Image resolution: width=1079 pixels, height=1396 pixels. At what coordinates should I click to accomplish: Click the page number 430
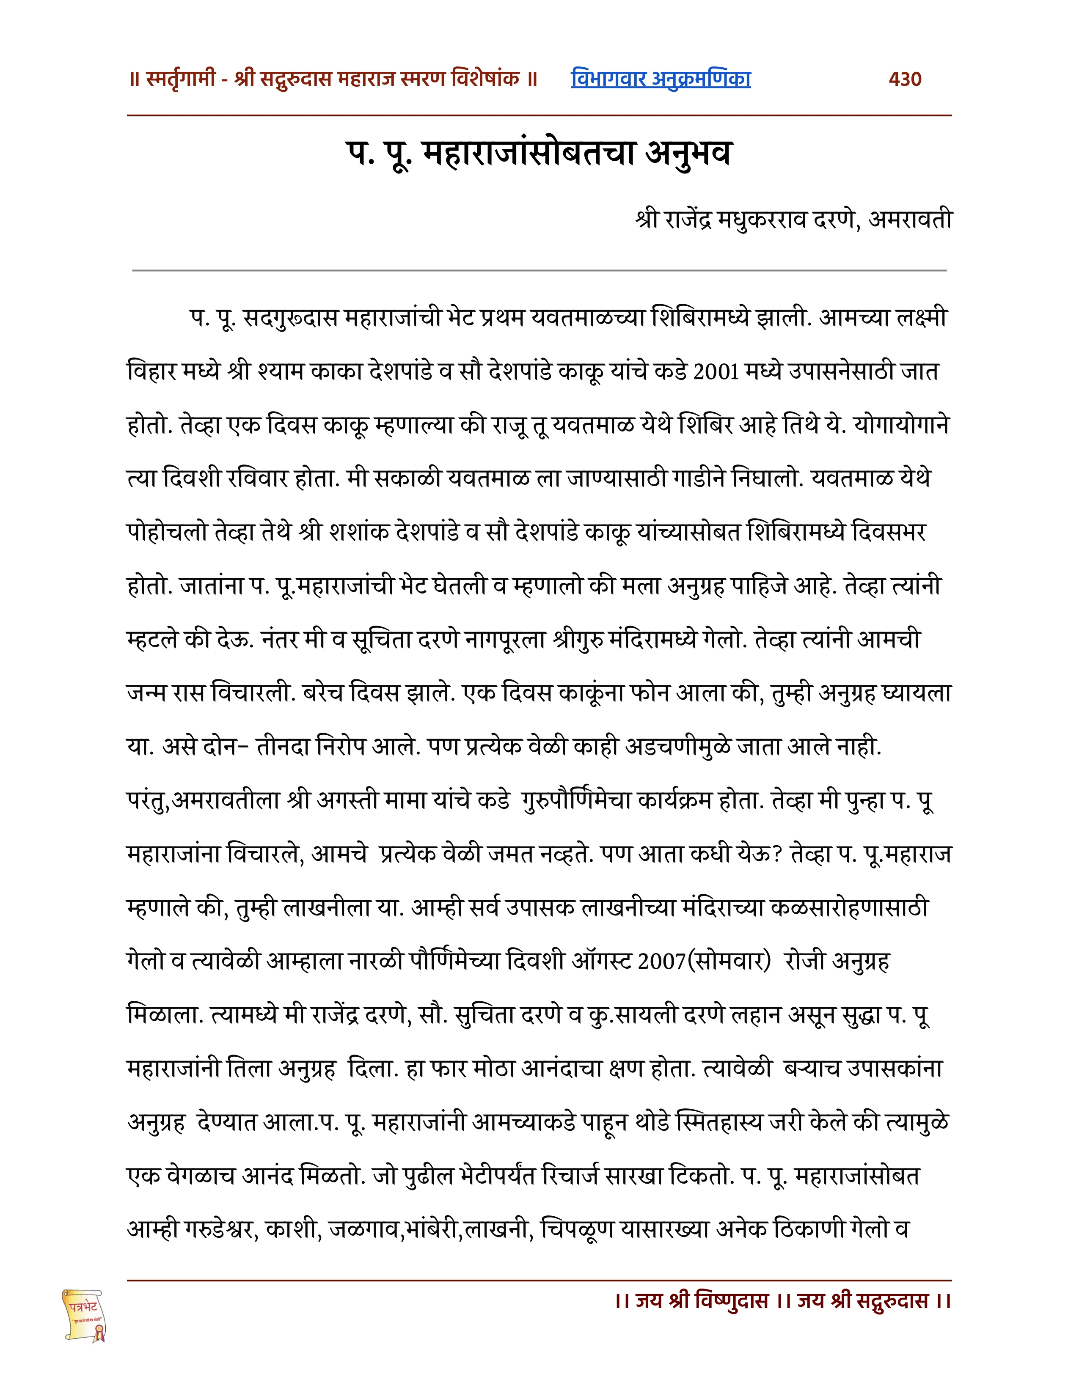point(905,79)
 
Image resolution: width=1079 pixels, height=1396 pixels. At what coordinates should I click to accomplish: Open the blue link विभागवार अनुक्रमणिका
point(661,79)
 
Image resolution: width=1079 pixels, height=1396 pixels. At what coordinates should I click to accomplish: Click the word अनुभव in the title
point(687,154)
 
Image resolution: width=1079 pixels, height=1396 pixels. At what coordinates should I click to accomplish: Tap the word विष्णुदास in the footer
point(731,1301)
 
